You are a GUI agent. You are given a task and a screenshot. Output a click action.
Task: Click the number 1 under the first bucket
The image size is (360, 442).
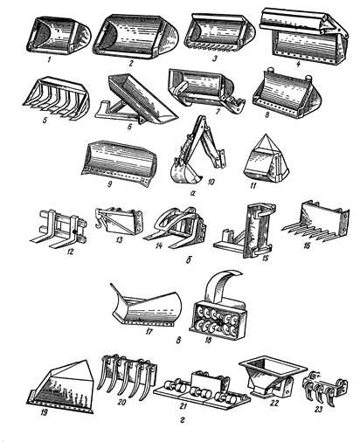point(50,59)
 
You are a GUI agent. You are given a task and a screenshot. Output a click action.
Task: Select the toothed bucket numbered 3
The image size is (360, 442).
point(220,33)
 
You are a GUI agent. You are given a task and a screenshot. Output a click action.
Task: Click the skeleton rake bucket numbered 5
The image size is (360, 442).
point(56,98)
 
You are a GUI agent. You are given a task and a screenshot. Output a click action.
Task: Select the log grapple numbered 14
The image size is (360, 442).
point(176,226)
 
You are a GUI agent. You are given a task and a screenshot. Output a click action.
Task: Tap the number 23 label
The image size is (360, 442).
point(318,409)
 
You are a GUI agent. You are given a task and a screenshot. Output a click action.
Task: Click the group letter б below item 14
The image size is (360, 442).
point(188,259)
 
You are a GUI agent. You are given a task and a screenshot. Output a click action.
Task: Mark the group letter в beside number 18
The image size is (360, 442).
point(179,340)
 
